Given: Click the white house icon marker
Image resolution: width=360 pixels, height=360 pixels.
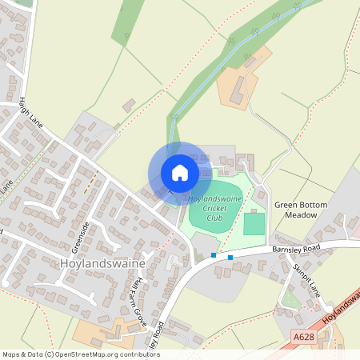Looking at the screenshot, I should click(x=179, y=173).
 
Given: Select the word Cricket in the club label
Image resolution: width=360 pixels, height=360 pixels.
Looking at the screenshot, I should click(x=215, y=208).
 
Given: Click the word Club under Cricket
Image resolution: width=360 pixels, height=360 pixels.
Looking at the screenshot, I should click(x=215, y=218).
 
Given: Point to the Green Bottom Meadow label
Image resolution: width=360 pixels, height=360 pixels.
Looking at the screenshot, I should click(x=301, y=210).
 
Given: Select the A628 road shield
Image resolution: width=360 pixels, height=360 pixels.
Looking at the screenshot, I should click(x=303, y=338).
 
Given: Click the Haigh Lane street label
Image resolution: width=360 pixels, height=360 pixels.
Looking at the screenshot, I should click(x=30, y=114).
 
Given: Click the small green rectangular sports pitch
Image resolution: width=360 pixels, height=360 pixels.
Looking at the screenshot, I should click(x=254, y=223).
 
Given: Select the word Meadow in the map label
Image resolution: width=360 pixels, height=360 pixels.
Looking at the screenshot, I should click(x=301, y=215).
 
